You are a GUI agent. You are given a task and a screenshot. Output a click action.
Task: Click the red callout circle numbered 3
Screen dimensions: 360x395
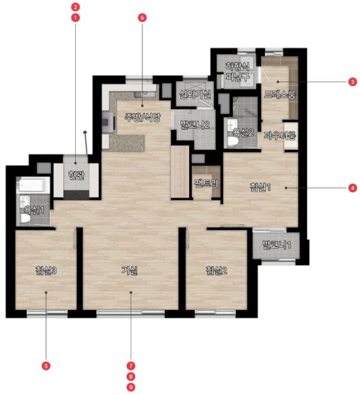click(x=352, y=82)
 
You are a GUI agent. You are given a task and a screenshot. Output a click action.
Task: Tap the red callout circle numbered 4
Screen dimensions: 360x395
click(x=352, y=188)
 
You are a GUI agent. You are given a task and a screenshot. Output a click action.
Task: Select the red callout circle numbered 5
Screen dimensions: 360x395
click(x=46, y=365)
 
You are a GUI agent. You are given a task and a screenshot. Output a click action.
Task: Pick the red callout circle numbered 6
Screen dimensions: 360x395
click(x=142, y=18)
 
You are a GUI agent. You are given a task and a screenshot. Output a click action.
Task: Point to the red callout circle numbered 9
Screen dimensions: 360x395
click(x=131, y=387)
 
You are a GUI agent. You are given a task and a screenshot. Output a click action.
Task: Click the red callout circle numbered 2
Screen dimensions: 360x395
click(x=75, y=7)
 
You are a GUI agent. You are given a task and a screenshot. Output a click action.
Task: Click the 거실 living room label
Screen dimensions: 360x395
click(x=130, y=270)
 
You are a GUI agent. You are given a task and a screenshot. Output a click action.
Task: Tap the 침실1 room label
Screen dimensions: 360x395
click(x=260, y=187)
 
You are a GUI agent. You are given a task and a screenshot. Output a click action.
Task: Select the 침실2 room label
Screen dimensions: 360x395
click(x=217, y=270)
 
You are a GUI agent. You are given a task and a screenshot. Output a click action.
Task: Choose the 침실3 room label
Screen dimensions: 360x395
click(x=46, y=270)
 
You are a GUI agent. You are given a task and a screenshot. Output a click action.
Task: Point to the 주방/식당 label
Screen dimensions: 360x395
click(x=143, y=117)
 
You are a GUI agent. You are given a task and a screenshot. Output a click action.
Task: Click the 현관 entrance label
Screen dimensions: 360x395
click(x=76, y=175)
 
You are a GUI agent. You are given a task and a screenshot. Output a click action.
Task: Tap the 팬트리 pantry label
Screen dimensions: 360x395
click(x=206, y=183)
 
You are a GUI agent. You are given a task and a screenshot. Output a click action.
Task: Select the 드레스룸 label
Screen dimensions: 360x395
click(x=280, y=94)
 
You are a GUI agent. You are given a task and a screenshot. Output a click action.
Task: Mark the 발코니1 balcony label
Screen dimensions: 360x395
click(x=277, y=245)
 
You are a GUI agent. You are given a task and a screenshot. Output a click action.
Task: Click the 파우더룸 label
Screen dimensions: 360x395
click(x=280, y=136)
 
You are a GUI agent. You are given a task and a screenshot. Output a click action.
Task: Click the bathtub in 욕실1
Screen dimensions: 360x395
click(x=33, y=185)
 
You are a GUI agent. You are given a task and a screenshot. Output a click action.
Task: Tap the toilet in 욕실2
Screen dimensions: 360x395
click(x=233, y=142)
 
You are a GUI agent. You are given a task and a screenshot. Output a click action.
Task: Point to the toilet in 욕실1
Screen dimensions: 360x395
click(x=25, y=218)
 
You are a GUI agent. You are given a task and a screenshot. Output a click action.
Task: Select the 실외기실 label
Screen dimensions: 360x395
click(x=195, y=94)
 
